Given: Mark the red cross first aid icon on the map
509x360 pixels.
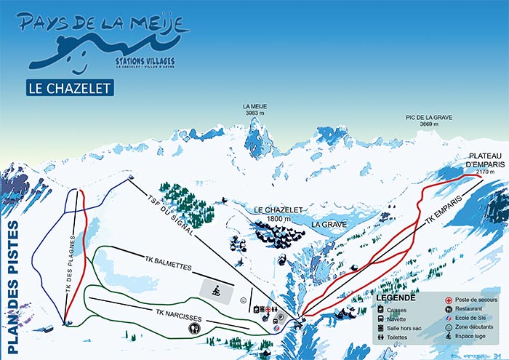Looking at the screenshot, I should tap(270, 309).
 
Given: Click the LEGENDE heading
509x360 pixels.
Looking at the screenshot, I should tap(396, 298).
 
